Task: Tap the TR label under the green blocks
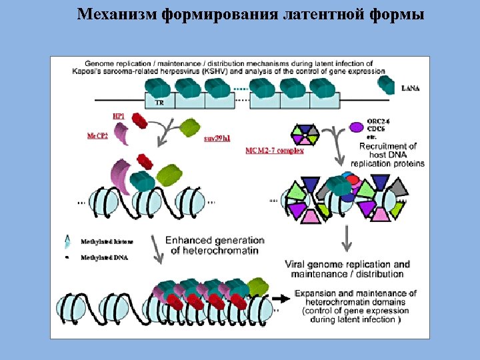[159, 103]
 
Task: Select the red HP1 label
[119, 116]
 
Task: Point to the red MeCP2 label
[97, 135]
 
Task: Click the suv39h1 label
[217, 138]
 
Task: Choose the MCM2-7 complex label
[274, 151]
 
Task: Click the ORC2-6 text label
[378, 121]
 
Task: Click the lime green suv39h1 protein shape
[190, 127]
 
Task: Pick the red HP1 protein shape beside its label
[139, 120]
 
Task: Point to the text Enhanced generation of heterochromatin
[215, 245]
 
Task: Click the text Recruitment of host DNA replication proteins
[387, 155]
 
